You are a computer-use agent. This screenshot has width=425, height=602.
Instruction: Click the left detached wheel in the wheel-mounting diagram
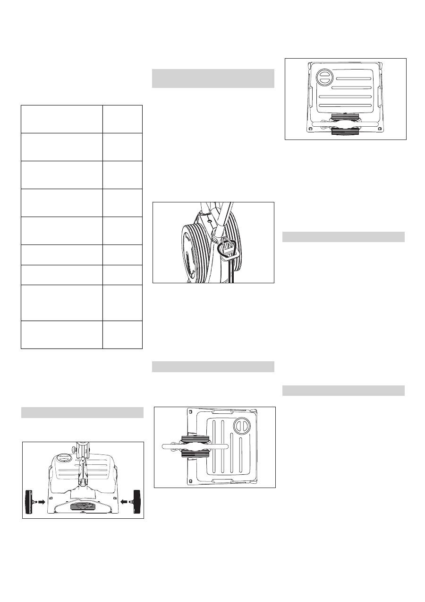(30, 502)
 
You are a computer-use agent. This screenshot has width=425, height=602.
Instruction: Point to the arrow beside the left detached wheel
(42, 502)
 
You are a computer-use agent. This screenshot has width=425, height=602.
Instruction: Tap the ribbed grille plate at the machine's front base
(83, 506)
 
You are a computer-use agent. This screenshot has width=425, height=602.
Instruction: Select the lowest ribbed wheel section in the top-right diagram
(345, 132)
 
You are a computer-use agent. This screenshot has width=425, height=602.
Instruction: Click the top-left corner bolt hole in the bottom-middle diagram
(190, 411)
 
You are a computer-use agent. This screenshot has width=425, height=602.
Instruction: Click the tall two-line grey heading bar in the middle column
(213, 79)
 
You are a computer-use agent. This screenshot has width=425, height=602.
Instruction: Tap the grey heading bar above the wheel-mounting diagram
(82, 412)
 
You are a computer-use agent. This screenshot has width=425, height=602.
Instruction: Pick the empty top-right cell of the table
(122, 119)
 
